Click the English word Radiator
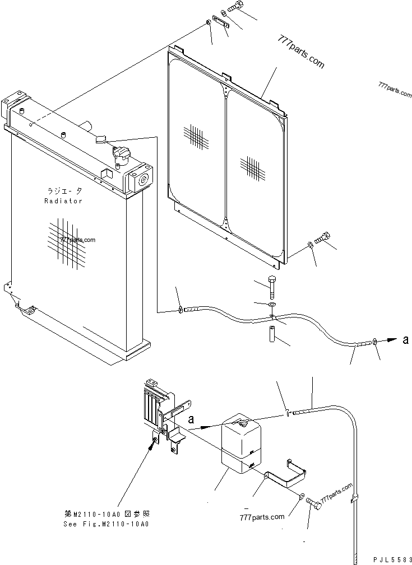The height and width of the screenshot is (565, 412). pyautogui.click(x=63, y=201)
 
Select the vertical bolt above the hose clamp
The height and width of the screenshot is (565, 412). pyautogui.click(x=272, y=286)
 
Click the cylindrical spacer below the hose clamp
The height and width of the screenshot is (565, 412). pyautogui.click(x=272, y=334)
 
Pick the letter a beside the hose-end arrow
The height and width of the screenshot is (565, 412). pyautogui.click(x=405, y=339)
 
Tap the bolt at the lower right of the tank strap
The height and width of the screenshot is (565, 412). pyautogui.click(x=315, y=503)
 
